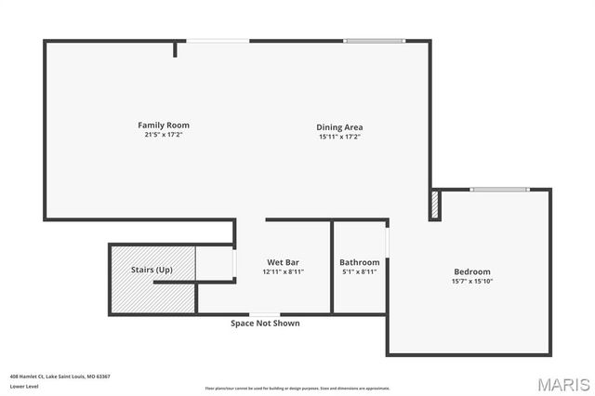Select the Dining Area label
[x=339, y=127]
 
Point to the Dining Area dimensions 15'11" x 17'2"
[x=339, y=137]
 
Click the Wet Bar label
[x=283, y=262]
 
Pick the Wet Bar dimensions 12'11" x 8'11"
[x=283, y=271]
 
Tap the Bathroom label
[x=359, y=262]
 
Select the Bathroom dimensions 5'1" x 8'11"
[x=359, y=271]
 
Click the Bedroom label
[x=472, y=271]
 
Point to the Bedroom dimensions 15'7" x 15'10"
[x=472, y=281]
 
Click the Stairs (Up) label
[x=152, y=270]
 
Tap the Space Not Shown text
[x=265, y=323]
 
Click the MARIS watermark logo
[x=562, y=383]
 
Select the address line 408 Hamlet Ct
[x=60, y=376]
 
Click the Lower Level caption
[x=23, y=386]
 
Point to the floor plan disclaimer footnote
[x=297, y=388]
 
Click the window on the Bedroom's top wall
[x=499, y=190]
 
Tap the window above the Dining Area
[x=375, y=41]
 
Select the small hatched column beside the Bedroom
[x=434, y=205]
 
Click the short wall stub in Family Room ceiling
[x=175, y=48]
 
